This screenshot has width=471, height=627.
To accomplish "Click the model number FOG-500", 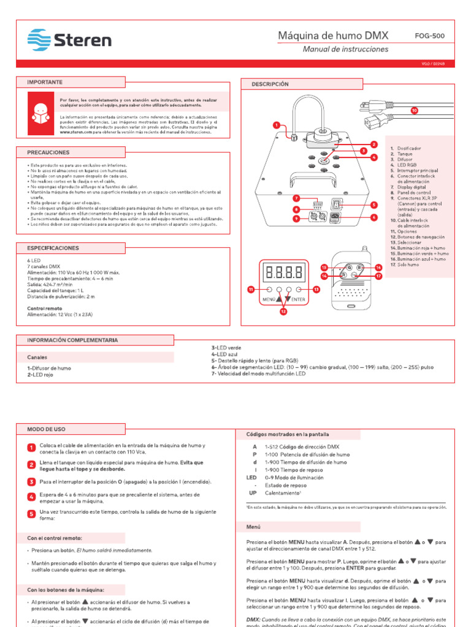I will pyautogui.click(x=430, y=36).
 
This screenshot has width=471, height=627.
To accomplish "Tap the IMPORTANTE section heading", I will pyautogui.click(x=45, y=81).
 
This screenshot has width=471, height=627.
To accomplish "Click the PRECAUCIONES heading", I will pyautogui.click(x=48, y=152).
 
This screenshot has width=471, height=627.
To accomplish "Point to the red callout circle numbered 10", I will pyautogui.click(x=414, y=110).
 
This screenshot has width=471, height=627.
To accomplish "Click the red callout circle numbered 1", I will pyautogui.click(x=277, y=125).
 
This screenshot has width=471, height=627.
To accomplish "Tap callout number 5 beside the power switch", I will pyautogui.click(x=373, y=204).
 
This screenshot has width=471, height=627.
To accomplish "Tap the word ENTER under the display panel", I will pyautogui.click(x=298, y=299).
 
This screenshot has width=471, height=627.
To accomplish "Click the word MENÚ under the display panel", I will pyautogui.click(x=268, y=299).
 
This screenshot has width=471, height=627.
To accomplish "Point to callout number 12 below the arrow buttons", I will pyautogui.click(x=283, y=312).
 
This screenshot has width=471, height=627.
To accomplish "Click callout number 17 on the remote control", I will pyautogui.click(x=378, y=276).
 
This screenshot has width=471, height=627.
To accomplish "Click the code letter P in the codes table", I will pyautogui.click(x=254, y=455).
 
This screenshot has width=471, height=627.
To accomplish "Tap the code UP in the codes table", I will pyautogui.click(x=253, y=492).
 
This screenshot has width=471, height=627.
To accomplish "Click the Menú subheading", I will pyautogui.click(x=254, y=526).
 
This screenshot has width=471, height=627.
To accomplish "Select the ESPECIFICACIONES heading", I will pyautogui.click(x=53, y=248).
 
